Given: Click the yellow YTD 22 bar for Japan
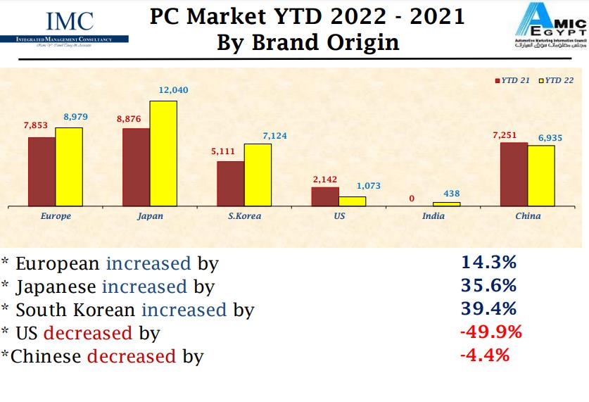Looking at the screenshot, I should tap(163, 153).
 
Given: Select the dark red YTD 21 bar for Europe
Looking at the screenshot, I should tap(42, 172).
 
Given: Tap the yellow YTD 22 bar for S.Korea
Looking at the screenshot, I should tap(258, 175).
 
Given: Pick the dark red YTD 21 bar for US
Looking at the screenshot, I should tap(325, 196).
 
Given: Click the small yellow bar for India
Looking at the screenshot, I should tap(447, 204).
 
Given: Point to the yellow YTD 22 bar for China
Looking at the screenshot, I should tap(541, 176).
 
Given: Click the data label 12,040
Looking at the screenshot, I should tap(173, 91).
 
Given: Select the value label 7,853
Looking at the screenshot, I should tap(35, 125).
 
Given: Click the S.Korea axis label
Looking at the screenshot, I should tap(244, 216).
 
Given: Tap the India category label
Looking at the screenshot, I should tap(433, 216).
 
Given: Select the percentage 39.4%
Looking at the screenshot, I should tap(488, 308).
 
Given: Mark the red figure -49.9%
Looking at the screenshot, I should tap(490, 332).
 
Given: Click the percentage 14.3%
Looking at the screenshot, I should tap(488, 263).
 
